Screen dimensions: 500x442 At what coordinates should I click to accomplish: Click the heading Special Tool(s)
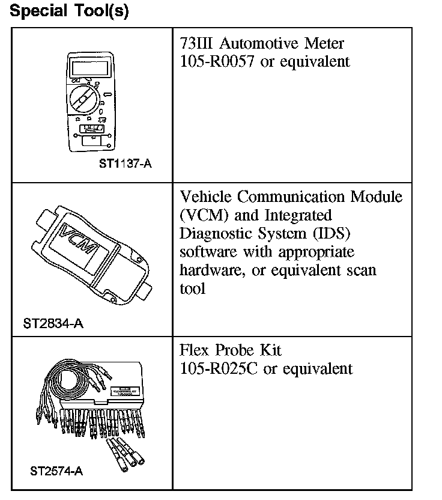coord(70,12)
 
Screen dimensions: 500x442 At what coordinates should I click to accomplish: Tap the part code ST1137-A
coord(125,162)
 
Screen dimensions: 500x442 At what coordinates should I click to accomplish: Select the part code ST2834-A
coord(53,325)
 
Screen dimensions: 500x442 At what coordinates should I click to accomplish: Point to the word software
coord(206,251)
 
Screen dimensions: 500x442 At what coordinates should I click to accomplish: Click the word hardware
coord(210,270)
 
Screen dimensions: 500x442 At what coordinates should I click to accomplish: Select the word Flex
coord(196,350)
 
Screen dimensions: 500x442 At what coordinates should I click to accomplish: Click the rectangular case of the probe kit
coord(125,385)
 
